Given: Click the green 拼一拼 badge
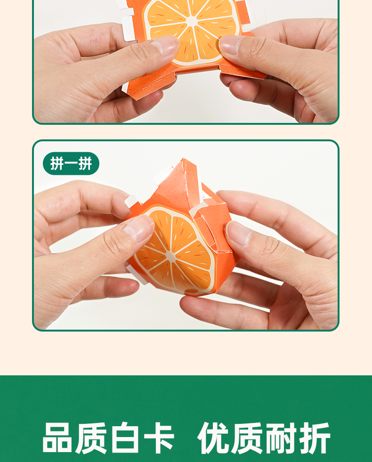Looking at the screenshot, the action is tap(71, 163).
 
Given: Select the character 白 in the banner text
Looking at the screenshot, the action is tap(125, 438).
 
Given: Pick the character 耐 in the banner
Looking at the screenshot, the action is tap(281, 438).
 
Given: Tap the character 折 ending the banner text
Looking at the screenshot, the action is tap(315, 438).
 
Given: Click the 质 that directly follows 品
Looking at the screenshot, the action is tap(91, 438).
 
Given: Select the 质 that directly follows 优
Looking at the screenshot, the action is tap(247, 438).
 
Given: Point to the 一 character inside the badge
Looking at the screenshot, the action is tap(71, 163).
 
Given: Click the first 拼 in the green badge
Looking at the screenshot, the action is tap(57, 163).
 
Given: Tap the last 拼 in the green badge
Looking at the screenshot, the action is tap(85, 163).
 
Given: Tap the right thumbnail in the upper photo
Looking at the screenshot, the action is tap(230, 44).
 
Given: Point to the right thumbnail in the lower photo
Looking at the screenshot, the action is tap(239, 233).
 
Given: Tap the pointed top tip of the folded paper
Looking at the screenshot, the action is tap(183, 159).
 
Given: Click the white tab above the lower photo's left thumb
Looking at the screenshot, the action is tap(131, 202).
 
